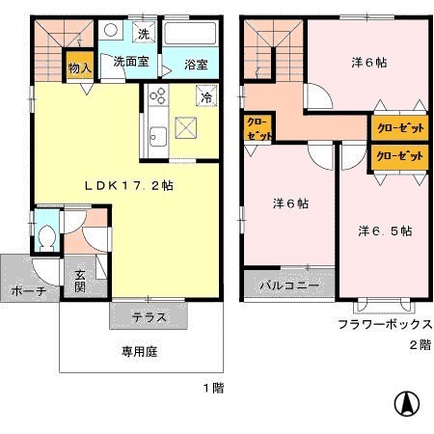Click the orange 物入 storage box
78,68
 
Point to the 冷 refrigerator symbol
206,95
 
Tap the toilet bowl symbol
48,234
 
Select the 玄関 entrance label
80,280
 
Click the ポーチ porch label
28,289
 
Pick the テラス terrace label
149,316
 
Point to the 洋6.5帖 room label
385,231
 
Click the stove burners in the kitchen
158,96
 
